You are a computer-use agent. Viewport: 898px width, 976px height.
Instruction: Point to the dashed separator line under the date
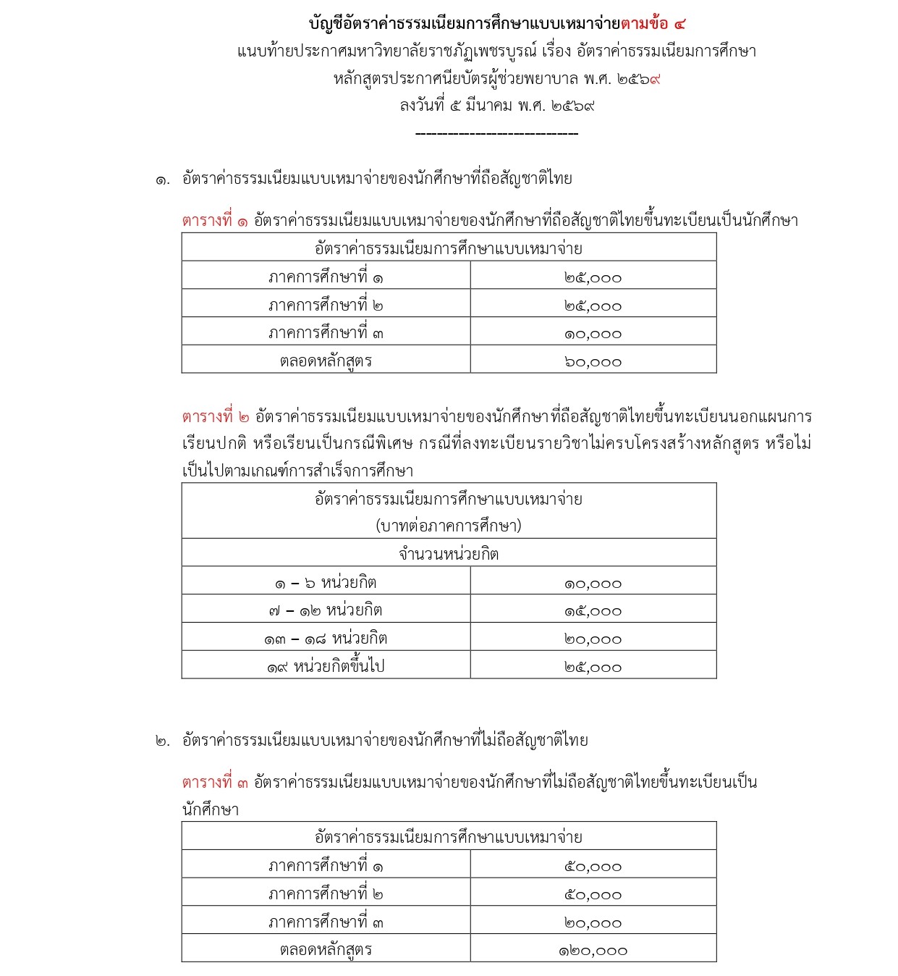[496, 134]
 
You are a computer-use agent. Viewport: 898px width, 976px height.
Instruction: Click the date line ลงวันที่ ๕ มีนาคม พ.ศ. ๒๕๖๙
[496, 106]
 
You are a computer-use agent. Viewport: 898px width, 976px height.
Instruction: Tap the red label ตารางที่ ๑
[215, 220]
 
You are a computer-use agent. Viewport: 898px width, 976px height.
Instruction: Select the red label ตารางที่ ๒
[216, 417]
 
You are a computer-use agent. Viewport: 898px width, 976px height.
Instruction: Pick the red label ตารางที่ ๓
[215, 783]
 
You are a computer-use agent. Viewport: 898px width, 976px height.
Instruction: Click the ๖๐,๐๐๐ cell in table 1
[593, 362]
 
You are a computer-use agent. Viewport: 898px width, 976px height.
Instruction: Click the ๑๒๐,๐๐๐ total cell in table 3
[593, 951]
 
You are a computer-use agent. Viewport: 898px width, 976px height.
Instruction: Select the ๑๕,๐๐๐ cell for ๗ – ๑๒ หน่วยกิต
[593, 612]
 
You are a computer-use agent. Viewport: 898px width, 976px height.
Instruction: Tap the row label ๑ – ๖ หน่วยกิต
[326, 583]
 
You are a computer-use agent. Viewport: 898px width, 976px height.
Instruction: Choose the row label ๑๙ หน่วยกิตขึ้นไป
[326, 667]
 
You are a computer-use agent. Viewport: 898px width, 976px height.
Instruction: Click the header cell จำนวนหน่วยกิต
[449, 555]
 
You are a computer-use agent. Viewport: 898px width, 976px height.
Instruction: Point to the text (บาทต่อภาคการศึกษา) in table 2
[449, 526]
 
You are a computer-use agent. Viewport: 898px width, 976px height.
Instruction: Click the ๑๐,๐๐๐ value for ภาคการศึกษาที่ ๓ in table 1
[593, 335]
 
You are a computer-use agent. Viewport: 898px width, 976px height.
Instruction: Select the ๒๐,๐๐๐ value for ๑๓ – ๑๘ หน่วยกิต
[593, 639]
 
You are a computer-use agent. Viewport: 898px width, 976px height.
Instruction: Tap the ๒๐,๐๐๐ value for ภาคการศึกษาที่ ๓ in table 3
[593, 923]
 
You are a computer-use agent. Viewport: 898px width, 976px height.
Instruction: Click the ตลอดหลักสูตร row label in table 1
[326, 361]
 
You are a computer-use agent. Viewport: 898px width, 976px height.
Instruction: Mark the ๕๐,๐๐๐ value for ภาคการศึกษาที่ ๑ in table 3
[593, 867]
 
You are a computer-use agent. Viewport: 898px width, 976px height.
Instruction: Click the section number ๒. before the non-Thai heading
[163, 741]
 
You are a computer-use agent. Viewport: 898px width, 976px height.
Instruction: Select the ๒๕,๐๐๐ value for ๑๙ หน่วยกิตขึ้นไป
[593, 668]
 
